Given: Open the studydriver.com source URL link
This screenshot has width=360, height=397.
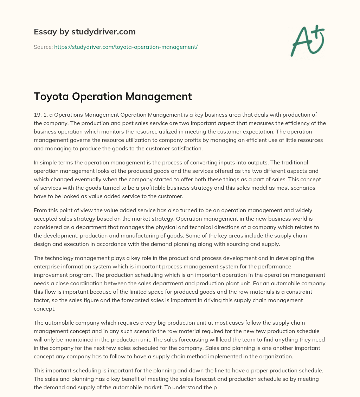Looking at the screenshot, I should (x=126, y=47).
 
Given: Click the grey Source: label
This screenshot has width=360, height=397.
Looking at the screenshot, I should (x=43, y=47).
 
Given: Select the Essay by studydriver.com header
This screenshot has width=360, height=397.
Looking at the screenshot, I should (x=85, y=32).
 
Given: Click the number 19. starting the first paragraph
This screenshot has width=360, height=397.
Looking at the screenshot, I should (x=38, y=115).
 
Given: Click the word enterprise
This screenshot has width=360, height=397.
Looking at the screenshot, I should (x=48, y=266).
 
